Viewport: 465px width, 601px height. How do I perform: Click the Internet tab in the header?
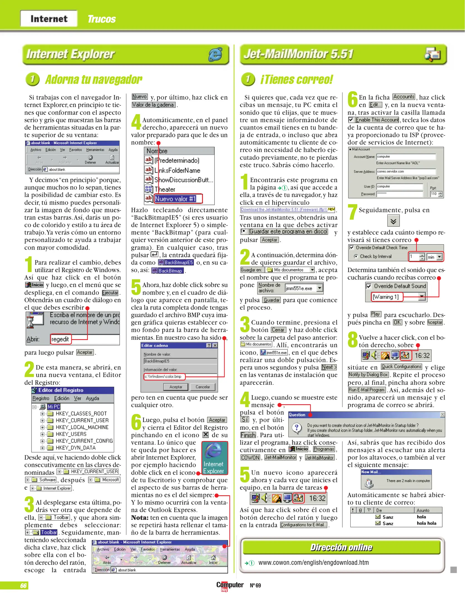[49, 19]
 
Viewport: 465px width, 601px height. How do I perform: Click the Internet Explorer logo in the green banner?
[215, 54]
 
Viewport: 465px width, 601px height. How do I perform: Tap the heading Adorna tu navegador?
[94, 80]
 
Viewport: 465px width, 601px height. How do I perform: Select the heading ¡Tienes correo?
[296, 80]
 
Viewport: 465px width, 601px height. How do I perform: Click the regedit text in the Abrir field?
[60, 339]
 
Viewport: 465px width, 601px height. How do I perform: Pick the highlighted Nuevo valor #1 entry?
[175, 199]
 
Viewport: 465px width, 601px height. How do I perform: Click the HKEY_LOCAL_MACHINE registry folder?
[82, 427]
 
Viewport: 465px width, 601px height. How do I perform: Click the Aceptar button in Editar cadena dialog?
[176, 387]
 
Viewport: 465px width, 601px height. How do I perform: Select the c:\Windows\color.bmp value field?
[164, 376]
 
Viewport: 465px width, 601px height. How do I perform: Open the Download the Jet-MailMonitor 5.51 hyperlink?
[284, 210]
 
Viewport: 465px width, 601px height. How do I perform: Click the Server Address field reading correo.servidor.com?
[406, 171]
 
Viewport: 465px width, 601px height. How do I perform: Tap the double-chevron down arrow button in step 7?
[393, 221]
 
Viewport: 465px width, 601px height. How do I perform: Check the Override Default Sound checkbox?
[369, 286]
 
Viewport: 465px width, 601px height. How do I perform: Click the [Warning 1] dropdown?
[398, 297]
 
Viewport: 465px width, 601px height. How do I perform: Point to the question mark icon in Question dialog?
[297, 427]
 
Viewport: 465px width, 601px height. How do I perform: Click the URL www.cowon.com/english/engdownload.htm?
[313, 563]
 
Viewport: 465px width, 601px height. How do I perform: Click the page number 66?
[23, 586]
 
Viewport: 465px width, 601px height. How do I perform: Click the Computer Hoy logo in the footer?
[230, 586]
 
